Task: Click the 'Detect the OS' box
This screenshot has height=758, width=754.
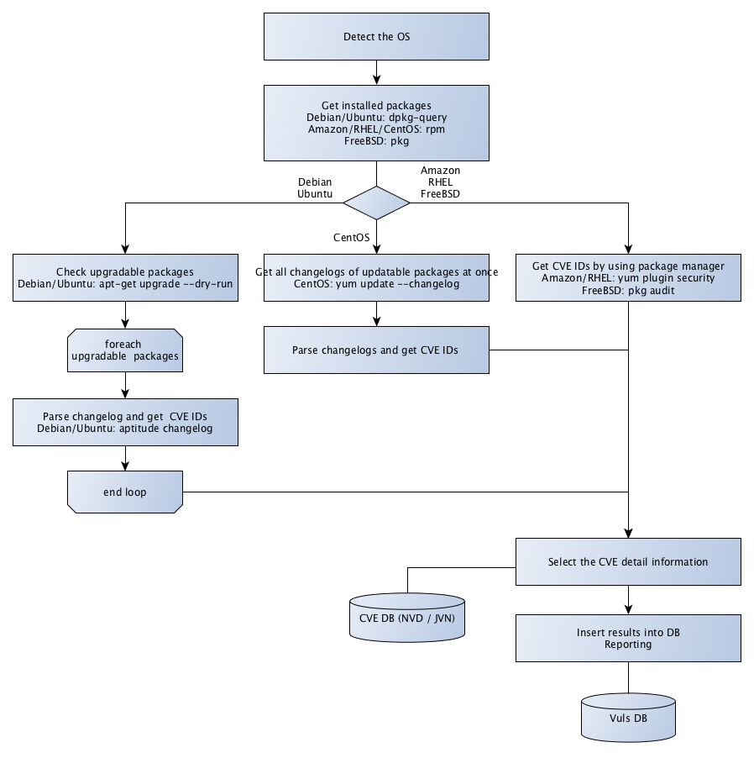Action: point(376,37)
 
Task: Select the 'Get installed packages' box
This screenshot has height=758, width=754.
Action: point(376,124)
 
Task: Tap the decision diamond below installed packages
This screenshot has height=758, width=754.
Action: point(376,203)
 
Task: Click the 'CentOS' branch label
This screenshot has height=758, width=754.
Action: point(352,238)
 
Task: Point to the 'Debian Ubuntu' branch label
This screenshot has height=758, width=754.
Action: point(316,187)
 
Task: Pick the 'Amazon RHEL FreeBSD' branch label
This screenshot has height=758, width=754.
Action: point(440,182)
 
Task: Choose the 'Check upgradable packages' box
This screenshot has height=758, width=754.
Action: point(124,278)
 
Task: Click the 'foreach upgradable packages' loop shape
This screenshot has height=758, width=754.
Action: point(124,350)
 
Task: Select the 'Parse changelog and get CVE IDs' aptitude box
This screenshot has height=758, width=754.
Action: point(124,422)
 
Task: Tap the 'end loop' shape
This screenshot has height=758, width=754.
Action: point(124,492)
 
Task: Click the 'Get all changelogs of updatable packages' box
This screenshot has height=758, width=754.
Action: point(376,278)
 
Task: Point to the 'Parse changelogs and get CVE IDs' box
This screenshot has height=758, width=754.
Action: point(376,350)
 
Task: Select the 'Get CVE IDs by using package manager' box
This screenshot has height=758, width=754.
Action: point(628,278)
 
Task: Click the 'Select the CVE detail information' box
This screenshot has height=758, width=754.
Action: point(628,562)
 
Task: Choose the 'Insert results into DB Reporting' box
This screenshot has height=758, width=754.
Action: point(628,638)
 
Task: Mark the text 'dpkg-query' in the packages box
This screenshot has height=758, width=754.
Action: point(417,118)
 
